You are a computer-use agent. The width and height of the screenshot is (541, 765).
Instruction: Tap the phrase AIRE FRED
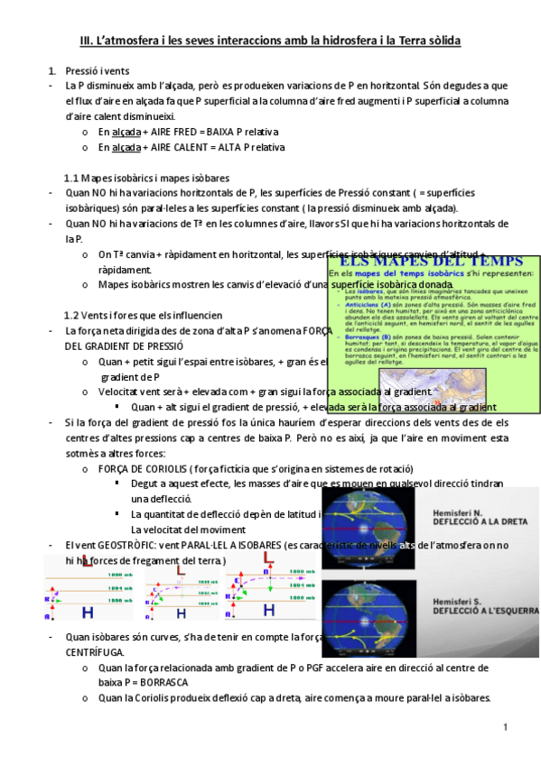pyautogui.click(x=176, y=132)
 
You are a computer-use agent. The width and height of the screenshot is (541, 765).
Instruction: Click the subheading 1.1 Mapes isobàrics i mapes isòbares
pyautogui.click(x=146, y=178)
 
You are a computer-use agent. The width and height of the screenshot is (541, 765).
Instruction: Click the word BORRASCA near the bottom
pyautogui.click(x=157, y=682)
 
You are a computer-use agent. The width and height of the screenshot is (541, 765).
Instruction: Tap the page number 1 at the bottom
pyautogui.click(x=507, y=727)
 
